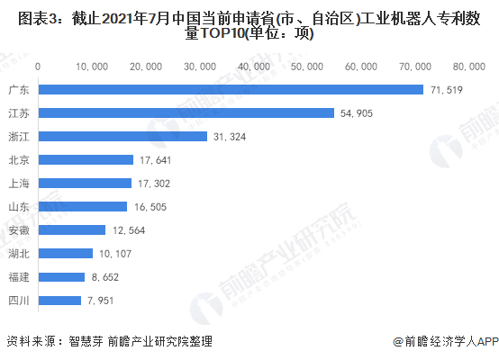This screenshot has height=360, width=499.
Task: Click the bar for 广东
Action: (x=231, y=90)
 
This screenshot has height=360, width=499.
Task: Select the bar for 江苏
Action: (x=186, y=112)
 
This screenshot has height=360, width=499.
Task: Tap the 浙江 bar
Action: (x=122, y=137)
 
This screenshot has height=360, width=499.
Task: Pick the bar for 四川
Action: (x=59, y=301)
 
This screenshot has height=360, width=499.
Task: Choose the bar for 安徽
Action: (x=72, y=229)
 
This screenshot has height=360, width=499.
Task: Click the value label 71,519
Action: (x=447, y=90)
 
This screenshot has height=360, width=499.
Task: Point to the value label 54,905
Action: (x=357, y=113)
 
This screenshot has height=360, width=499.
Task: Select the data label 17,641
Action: (x=155, y=160)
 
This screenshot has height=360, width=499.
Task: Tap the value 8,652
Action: (x=105, y=277)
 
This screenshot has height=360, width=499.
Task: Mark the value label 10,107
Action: (x=115, y=254)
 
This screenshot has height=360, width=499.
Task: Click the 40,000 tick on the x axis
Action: (x=254, y=67)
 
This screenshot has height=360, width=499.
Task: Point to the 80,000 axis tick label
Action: (x=469, y=67)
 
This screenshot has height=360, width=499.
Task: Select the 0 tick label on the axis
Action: (x=38, y=67)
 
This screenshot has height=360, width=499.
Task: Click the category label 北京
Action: (x=19, y=160)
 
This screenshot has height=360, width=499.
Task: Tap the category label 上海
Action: (x=19, y=184)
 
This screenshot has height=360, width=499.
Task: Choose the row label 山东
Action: (x=19, y=207)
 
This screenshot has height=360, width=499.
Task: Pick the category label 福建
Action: (x=19, y=277)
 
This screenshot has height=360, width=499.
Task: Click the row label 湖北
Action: (x=19, y=254)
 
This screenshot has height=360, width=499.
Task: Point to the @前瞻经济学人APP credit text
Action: (x=446, y=342)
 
